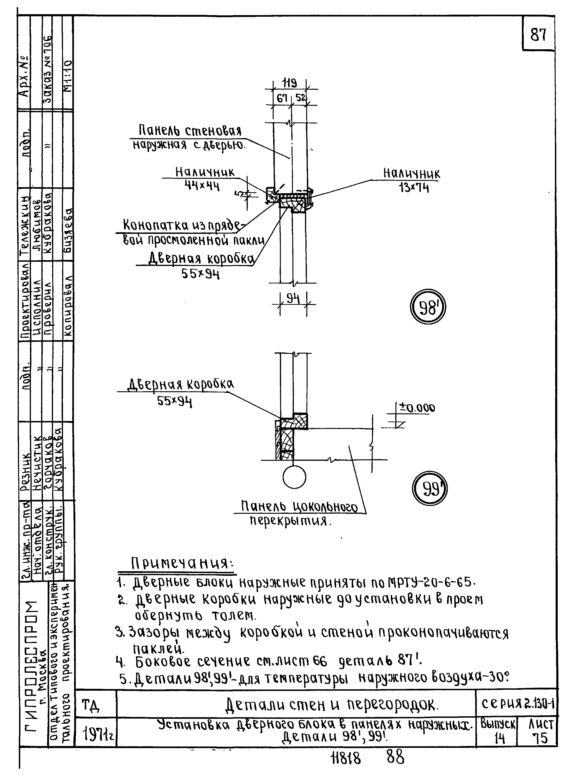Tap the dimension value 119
pyautogui.click(x=290, y=83)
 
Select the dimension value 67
pyautogui.click(x=282, y=99)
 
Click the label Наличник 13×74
pyautogui.click(x=412, y=180)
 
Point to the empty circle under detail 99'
pyautogui.click(x=295, y=477)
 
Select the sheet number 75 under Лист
pyautogui.click(x=540, y=738)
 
